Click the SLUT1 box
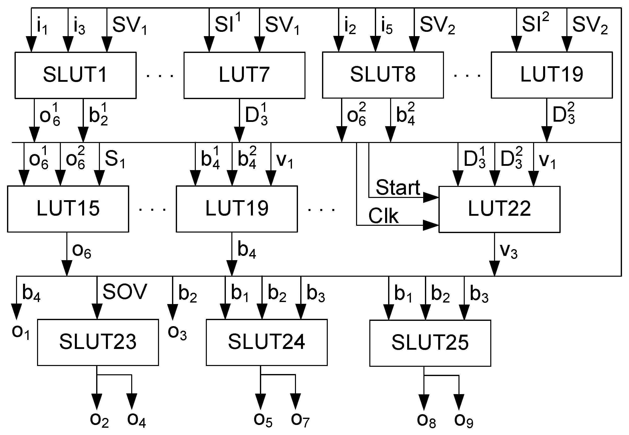75,75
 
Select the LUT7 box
244,75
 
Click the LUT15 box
68,209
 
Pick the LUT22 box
499,209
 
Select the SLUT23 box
98,342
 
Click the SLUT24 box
266,342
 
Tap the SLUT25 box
430,343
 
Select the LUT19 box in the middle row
236,209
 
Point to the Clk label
383,216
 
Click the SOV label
125,292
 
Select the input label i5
387,27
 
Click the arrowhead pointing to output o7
295,401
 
